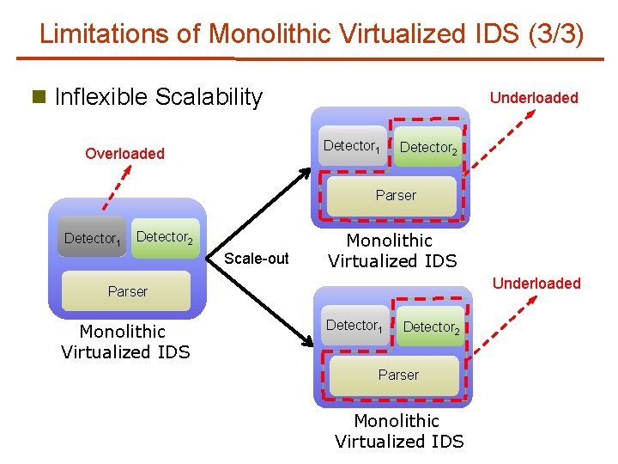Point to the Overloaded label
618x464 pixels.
point(124,154)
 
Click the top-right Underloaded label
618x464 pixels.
point(534,98)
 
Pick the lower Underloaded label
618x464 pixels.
point(536,284)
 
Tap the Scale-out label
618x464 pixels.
point(257,259)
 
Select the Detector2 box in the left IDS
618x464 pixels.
point(165,236)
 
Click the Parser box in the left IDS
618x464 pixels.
point(128,292)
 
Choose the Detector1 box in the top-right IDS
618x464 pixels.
point(352,146)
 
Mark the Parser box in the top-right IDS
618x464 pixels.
point(396,196)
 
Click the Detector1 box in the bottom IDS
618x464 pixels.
point(354,326)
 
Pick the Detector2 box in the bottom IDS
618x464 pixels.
point(431,327)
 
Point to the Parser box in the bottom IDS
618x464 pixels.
point(398,375)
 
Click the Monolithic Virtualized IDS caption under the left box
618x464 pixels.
point(126,341)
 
